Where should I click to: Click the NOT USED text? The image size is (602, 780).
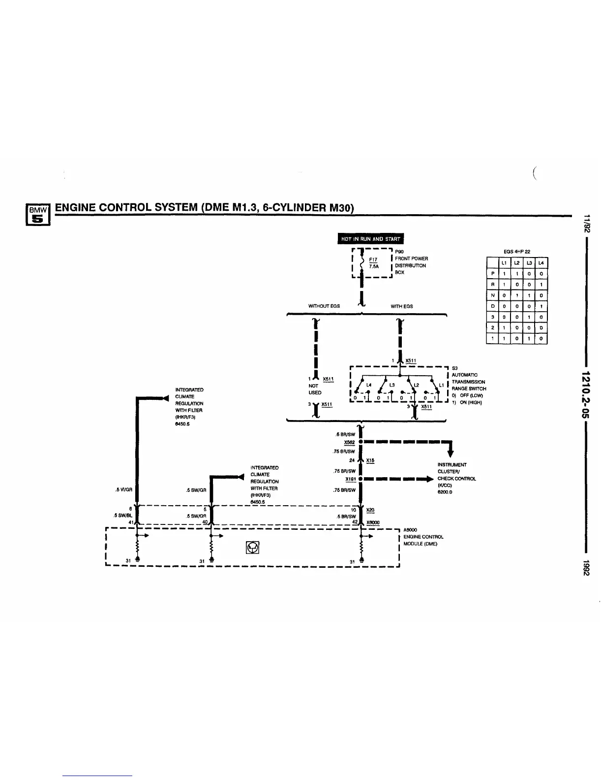tap(315, 389)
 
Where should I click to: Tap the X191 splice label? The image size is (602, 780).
tap(351, 479)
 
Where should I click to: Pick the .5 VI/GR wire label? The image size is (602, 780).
tap(122, 489)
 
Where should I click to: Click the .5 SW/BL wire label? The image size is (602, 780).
tap(121, 516)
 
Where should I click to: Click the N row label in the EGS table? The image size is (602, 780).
tap(492, 295)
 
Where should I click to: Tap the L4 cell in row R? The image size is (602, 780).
tap(541, 285)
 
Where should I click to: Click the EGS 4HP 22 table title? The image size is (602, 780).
tap(516, 252)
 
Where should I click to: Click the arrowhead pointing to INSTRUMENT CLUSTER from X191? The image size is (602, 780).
tap(432, 479)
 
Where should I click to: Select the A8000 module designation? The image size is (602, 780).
tap(410, 530)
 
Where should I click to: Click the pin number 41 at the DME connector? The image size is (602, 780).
tap(131, 522)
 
